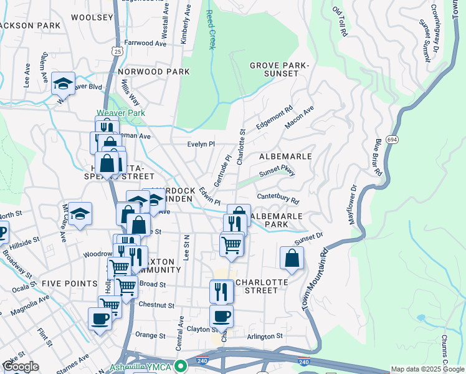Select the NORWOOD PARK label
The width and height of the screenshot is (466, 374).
tap(153, 72)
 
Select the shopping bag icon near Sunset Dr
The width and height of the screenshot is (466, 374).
tap(292, 257)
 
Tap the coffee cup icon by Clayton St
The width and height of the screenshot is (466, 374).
tap(221, 315)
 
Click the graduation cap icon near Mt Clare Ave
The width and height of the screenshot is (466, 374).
tap(80, 214)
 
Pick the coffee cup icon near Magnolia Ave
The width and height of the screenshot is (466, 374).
tap(100, 319)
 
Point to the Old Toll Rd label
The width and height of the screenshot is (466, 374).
tap(340, 22)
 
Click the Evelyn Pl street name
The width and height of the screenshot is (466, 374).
tap(201, 144)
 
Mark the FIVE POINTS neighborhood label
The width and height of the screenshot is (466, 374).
tap(69, 284)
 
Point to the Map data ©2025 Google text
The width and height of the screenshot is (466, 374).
tap(427, 369)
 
